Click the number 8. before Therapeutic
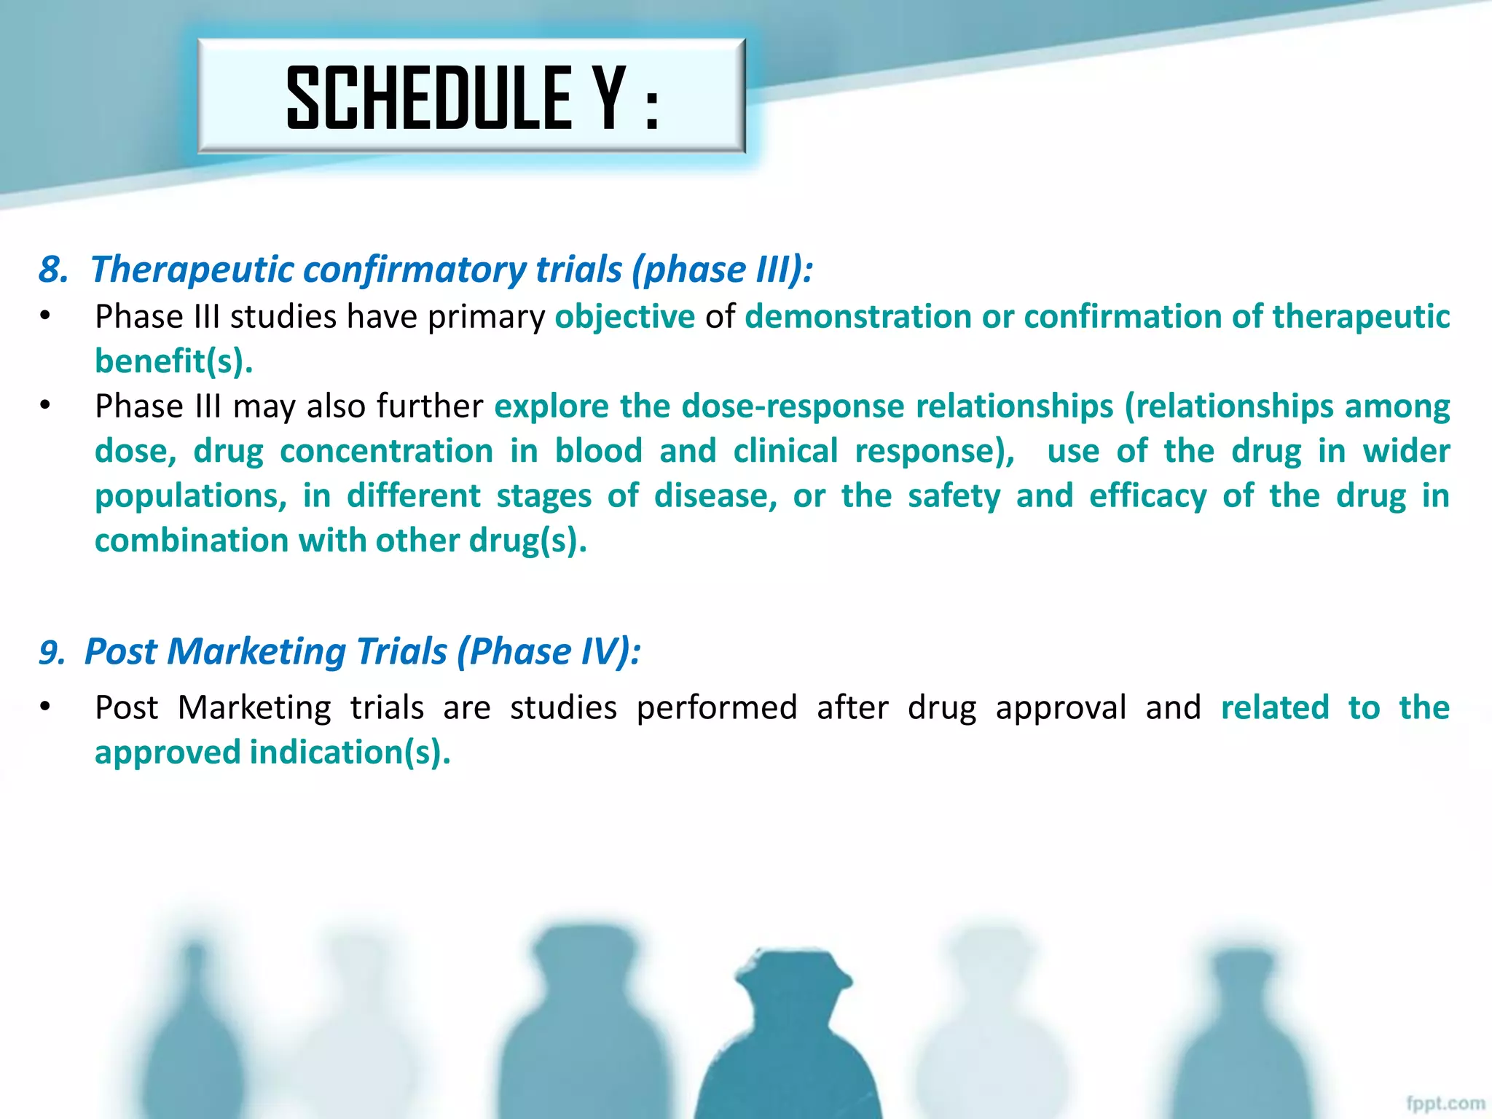[53, 270]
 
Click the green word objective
[624, 317]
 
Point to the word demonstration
[857, 317]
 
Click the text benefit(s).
[173, 361]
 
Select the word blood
[598, 451]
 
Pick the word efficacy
[1147, 496]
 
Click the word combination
[191, 541]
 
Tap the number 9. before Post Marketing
[52, 652]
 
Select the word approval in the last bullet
[1061, 708]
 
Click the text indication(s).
[350, 753]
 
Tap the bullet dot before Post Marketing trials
[45, 707]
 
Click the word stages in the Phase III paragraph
[543, 496]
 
